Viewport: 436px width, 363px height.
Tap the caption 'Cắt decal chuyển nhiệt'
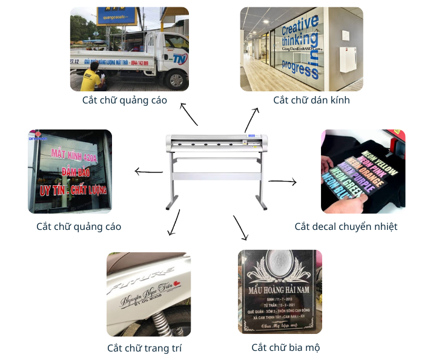(346, 226)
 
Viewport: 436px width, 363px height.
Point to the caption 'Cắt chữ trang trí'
(144, 348)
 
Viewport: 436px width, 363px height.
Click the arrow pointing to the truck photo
(188, 114)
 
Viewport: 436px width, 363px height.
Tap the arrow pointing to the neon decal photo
(282, 181)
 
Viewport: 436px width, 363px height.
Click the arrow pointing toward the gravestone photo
(240, 227)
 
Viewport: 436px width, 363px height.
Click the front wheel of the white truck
(176, 79)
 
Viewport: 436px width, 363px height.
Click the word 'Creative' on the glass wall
(300, 27)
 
